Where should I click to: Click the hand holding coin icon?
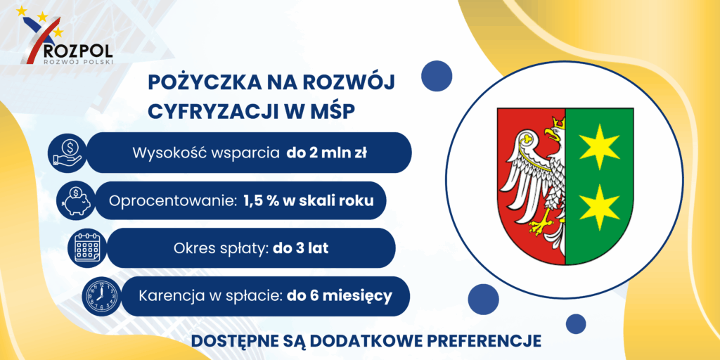point(67,153)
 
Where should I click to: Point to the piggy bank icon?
point(77,200)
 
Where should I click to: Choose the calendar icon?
point(87,248)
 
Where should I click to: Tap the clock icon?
point(100,296)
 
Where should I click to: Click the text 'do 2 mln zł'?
point(326,153)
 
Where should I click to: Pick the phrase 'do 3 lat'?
point(301,248)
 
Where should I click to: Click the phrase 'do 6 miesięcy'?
point(340,296)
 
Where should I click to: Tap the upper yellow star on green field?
point(599,146)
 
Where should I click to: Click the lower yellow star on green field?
point(599,207)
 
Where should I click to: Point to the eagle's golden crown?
point(558,122)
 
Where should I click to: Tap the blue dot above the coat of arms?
point(437,76)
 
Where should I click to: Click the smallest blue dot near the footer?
point(576,323)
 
